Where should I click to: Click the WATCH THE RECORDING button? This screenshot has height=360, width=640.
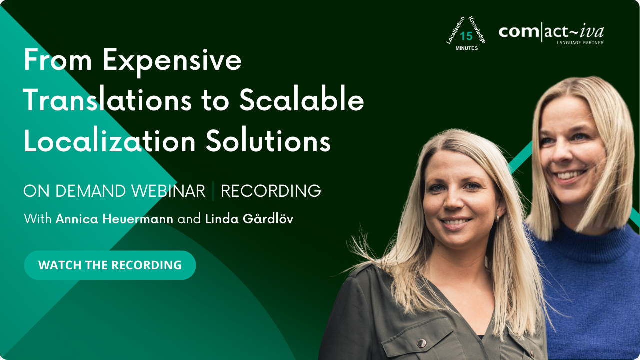point(110,265)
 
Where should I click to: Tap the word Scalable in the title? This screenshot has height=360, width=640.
point(301,101)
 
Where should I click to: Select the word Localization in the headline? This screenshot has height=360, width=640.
point(109,141)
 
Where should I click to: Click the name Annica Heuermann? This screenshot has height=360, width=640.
point(115,219)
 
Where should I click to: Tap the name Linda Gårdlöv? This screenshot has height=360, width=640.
point(249,219)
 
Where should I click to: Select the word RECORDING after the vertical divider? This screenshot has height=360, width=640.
point(271,191)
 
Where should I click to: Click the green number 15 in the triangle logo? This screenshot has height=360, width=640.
point(466,36)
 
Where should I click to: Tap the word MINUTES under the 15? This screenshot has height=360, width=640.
point(466,48)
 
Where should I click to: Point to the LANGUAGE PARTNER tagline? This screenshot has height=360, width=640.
point(580,43)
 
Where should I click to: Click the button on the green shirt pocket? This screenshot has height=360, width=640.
point(422,343)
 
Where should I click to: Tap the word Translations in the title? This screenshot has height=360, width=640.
point(107,101)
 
